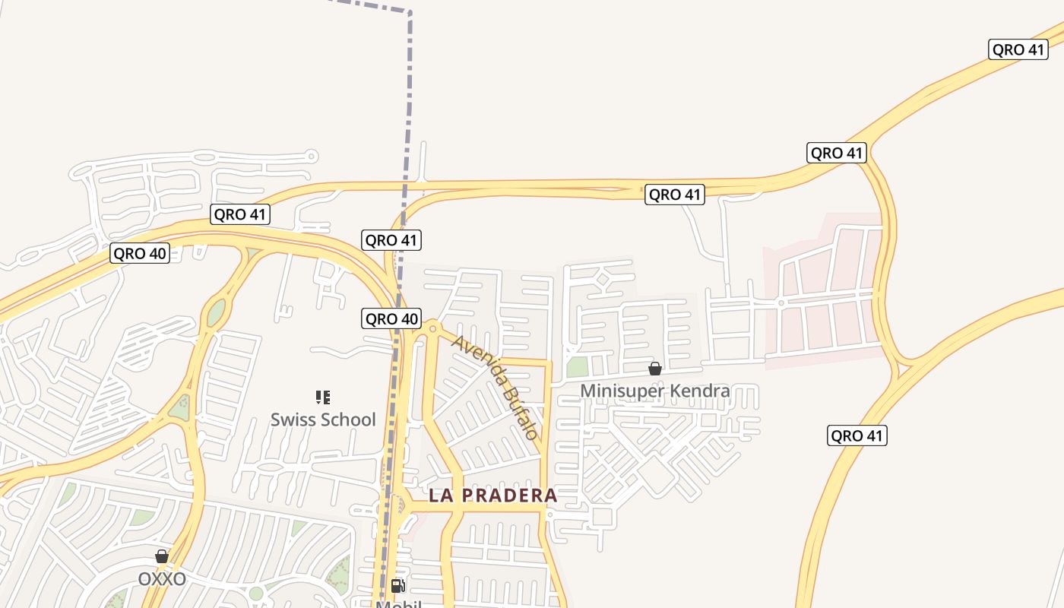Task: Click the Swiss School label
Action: click(323, 420)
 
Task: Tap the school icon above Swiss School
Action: click(323, 397)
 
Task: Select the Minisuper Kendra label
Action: click(654, 391)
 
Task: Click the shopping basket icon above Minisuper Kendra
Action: click(654, 369)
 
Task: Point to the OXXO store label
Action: click(162, 579)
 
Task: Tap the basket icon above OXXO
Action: click(162, 556)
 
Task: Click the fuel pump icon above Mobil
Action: click(397, 585)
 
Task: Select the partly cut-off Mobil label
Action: click(398, 604)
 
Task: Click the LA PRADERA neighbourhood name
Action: click(492, 496)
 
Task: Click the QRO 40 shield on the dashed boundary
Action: click(391, 319)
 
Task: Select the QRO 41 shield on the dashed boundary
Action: click(391, 240)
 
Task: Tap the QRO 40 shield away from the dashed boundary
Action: click(140, 253)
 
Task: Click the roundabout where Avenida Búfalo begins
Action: click(433, 328)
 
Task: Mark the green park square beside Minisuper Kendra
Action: click(578, 367)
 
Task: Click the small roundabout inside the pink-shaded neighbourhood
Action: click(781, 302)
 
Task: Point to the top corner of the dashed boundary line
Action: click(410, 12)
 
